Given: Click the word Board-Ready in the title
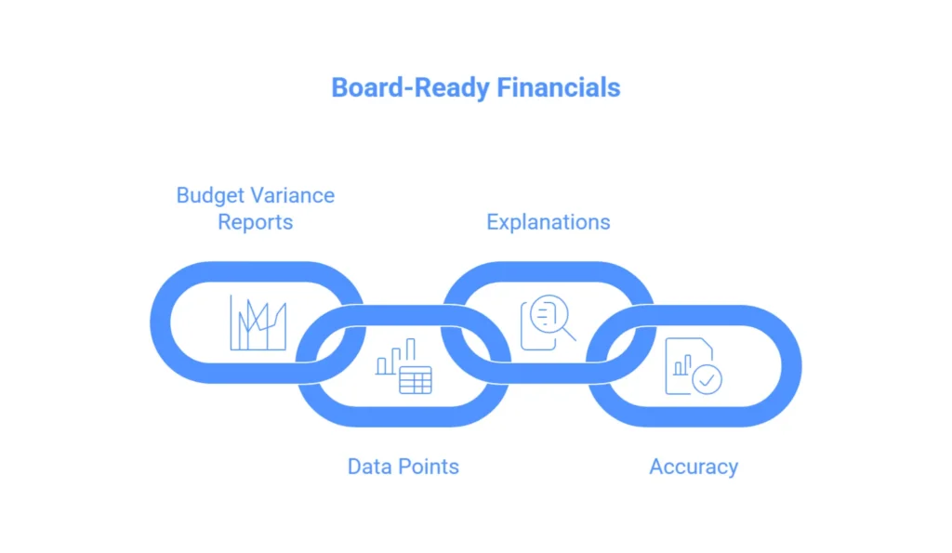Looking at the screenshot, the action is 410,88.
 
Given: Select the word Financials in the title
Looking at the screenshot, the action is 559,87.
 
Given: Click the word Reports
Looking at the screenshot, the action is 256,222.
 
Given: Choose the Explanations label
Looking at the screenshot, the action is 549,222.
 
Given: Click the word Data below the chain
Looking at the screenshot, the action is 370,467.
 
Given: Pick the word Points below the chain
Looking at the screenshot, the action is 429,467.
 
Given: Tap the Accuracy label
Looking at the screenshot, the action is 694,467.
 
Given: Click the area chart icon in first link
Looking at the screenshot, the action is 258,323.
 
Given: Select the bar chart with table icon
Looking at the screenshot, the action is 403,366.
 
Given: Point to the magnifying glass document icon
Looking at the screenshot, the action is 549,323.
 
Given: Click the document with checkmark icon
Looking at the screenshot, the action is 694,366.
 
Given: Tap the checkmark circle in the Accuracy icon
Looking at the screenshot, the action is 707,380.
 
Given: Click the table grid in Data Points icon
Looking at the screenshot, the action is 416,380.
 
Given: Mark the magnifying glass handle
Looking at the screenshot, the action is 569,334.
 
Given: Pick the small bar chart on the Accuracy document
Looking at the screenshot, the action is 682,365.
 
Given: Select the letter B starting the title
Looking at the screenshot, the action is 340,88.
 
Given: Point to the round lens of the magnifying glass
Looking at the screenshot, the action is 549,315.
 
